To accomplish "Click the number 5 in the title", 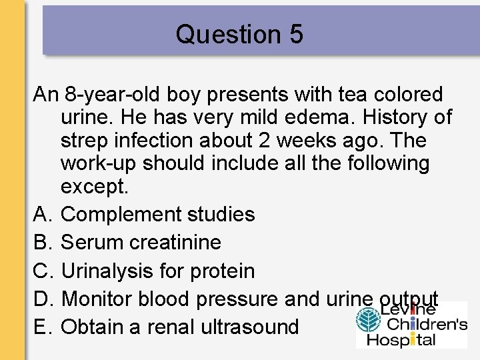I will click(296, 35).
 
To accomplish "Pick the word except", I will click(93, 187).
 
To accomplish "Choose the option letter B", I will click(41, 242).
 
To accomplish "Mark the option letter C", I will click(41, 271).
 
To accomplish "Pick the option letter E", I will click(41, 327).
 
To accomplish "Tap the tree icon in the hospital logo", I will click(367, 319).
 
